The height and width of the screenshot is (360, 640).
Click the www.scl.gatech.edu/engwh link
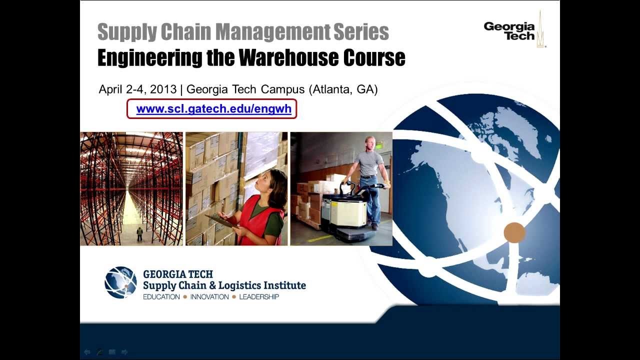coord(213,109)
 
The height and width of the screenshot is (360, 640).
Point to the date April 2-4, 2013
coord(137,89)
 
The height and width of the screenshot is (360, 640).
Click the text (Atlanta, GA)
coord(343,89)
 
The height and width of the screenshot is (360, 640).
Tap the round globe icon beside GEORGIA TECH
coord(120,282)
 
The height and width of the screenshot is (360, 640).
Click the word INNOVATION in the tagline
coord(209,297)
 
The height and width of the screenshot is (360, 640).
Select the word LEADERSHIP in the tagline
coord(259,297)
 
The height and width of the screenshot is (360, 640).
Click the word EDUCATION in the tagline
coord(161,297)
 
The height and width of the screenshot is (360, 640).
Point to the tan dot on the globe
coord(514,232)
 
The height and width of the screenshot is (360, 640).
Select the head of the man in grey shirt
coord(369,142)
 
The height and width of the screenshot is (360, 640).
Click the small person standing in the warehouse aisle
coord(139,233)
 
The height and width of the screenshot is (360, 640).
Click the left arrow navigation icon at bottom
coord(87,352)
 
